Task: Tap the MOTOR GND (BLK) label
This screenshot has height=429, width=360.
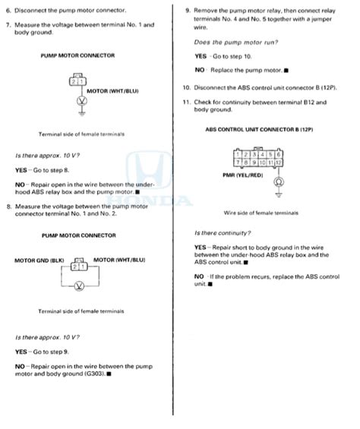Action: click(38, 260)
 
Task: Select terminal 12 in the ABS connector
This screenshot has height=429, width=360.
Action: click(279, 162)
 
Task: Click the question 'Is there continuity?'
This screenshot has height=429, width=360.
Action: click(223, 232)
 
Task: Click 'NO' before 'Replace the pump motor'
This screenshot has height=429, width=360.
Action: click(200, 69)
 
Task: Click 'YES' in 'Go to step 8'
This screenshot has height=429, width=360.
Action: click(21, 170)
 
